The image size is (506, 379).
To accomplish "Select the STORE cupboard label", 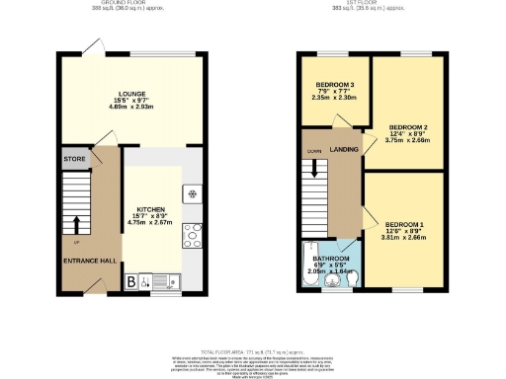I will tap(74, 157).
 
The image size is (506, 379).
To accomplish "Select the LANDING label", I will tap(344, 149).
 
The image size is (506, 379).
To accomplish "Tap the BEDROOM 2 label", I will tap(407, 128).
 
